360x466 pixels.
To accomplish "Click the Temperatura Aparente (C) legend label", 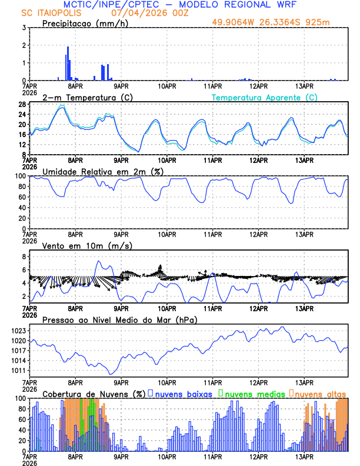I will (264, 97).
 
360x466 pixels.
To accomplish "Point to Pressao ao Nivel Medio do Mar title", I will (119, 319).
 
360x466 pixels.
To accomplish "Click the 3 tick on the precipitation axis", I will (24, 28).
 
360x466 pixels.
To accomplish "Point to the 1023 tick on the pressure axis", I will (19, 331).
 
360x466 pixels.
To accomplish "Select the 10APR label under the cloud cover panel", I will (166, 456).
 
